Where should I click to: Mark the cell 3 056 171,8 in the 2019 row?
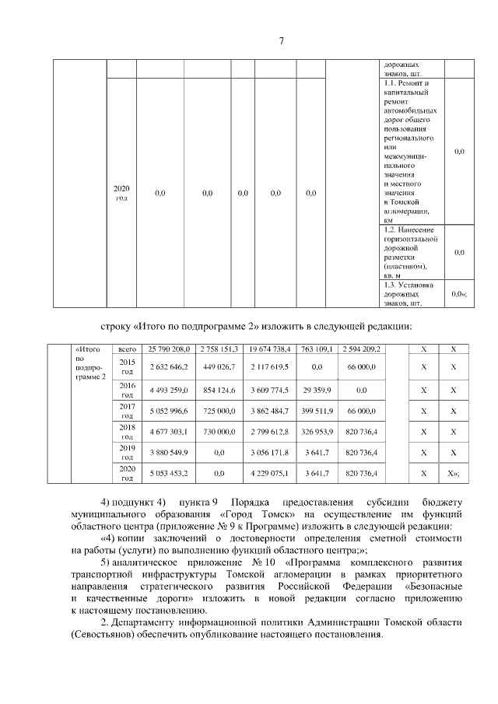tap(270, 452)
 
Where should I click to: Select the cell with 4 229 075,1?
tap(270, 472)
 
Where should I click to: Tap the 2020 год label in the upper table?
tap(121, 193)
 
